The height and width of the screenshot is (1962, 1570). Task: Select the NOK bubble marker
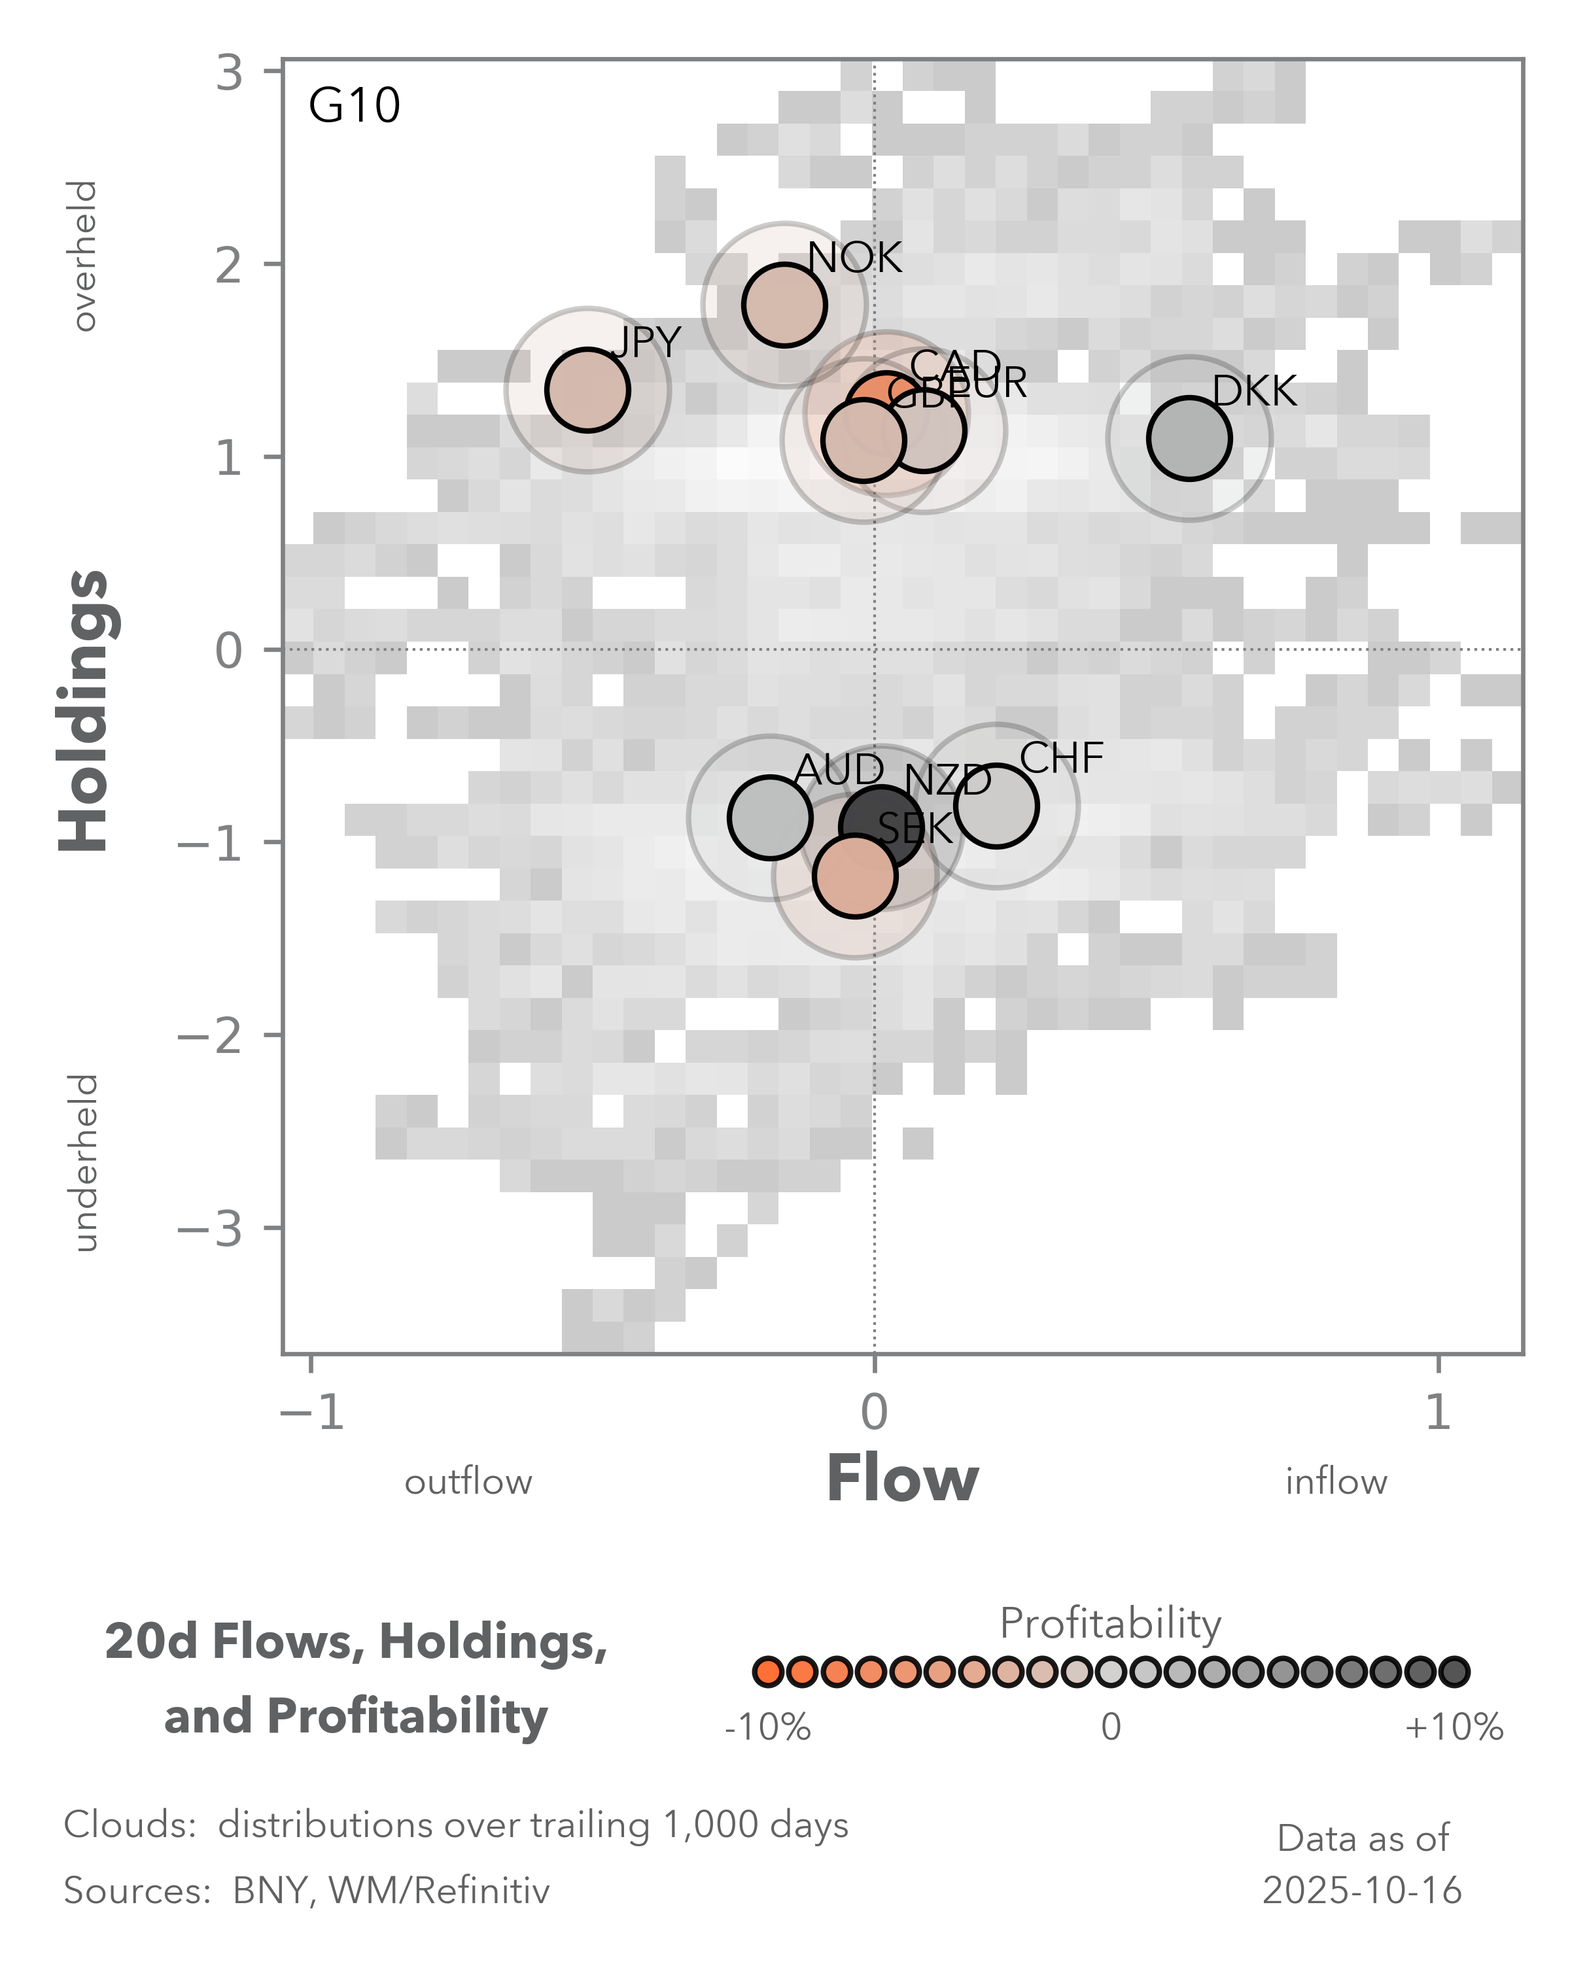coord(784,305)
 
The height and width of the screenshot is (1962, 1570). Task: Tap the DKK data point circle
coord(1189,438)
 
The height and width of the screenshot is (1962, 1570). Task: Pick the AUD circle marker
coord(770,817)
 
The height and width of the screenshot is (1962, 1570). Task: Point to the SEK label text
coord(915,828)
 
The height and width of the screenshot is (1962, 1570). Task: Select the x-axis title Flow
coord(902,1479)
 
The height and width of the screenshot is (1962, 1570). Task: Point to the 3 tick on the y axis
coord(230,72)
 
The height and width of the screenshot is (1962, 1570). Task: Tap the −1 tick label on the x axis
coord(311,1413)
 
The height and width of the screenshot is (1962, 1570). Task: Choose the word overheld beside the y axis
coord(84,256)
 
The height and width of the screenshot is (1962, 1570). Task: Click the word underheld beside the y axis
coord(84,1163)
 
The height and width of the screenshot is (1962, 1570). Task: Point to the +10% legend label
coord(1454,1727)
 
